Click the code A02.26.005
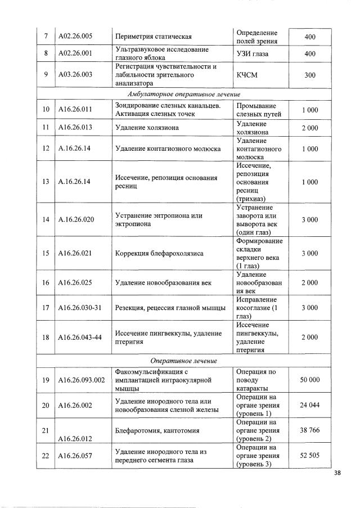point(75,37)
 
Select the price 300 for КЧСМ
point(309,75)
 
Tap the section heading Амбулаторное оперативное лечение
point(188,94)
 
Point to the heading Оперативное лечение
point(188,361)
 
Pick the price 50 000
point(309,380)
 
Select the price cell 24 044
point(309,405)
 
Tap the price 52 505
point(309,455)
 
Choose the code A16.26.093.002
point(82,380)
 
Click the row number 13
point(46,182)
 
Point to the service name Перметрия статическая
point(154,37)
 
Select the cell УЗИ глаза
point(253,53)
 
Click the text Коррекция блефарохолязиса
point(159,253)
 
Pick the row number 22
point(46,455)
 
